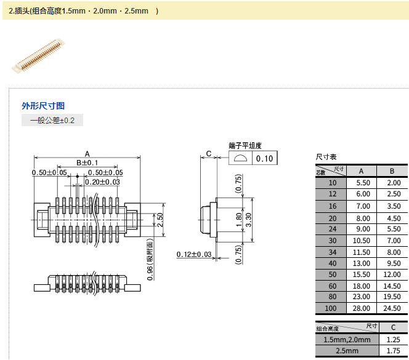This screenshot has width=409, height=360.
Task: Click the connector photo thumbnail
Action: click(x=39, y=57)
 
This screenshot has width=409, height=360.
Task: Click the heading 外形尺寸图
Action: click(x=43, y=106)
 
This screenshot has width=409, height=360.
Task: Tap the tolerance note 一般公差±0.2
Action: click(x=52, y=120)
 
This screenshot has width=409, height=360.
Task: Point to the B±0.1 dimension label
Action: click(x=87, y=162)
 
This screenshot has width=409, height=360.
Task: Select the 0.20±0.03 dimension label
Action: click(x=102, y=182)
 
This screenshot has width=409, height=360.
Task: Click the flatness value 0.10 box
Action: click(x=264, y=159)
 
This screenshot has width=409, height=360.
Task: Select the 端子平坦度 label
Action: click(x=245, y=146)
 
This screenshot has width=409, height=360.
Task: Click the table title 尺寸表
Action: click(x=326, y=158)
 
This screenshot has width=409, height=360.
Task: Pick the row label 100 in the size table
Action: click(x=333, y=308)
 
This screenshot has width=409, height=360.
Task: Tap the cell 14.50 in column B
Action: click(x=393, y=286)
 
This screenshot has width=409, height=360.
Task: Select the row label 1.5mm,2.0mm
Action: click(x=347, y=340)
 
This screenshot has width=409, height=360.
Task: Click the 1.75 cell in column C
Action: click(x=393, y=351)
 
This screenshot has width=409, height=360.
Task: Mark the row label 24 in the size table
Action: click(x=333, y=229)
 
